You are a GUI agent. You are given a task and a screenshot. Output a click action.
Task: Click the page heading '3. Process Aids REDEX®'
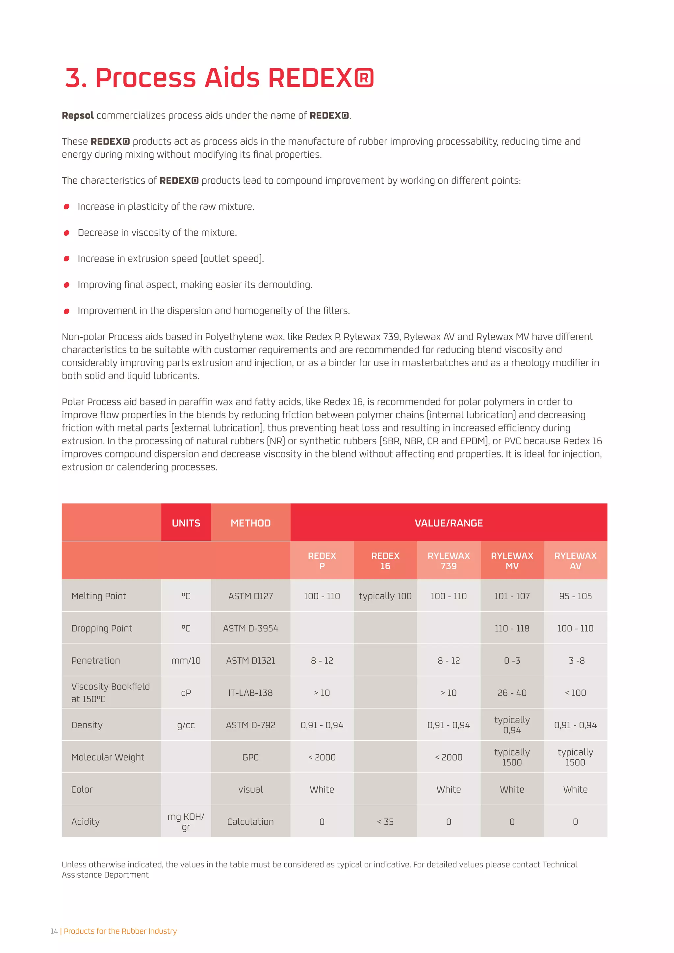point(219,78)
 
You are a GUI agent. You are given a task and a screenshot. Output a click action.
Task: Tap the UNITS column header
point(186,523)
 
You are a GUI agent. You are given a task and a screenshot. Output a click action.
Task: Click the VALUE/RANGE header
point(448,523)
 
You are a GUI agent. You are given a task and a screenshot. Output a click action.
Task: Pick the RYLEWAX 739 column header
point(448,560)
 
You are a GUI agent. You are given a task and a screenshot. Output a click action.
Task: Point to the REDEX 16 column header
point(385,560)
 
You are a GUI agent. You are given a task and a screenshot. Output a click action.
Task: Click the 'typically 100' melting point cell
point(385,596)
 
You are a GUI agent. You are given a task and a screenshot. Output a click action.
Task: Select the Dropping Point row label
point(102,629)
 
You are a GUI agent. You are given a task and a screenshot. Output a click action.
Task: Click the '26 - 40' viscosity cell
point(512,693)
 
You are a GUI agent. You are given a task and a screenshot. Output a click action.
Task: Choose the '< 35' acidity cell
point(385,822)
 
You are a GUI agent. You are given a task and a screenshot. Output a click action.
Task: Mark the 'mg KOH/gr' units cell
point(186,822)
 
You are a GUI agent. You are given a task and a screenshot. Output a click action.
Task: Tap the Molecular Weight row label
point(108,757)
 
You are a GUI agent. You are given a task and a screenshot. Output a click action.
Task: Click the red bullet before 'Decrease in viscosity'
point(66,233)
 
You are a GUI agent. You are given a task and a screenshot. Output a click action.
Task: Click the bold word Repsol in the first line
point(78,116)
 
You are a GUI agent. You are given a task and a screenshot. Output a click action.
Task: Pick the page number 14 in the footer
point(54,931)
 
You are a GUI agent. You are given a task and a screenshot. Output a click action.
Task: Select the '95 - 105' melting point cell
point(575,596)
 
